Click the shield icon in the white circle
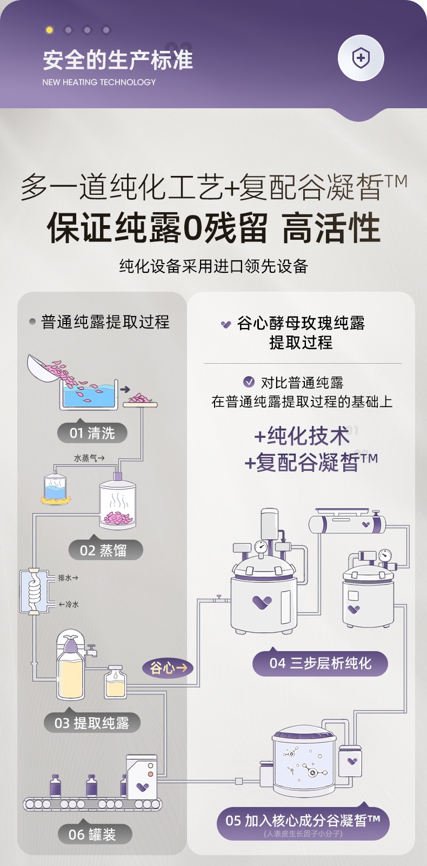point(361,58)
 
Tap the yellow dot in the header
point(49,30)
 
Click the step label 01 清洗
point(92,432)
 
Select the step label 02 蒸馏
point(105,550)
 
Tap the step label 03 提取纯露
point(92,723)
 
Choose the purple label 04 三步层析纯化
point(320,664)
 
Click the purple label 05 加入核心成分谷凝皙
point(303,823)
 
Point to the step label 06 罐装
point(95,834)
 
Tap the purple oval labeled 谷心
point(168,667)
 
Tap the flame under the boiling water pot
point(56,500)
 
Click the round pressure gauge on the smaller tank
point(385,555)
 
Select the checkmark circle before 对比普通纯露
point(249,382)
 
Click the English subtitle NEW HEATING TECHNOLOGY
point(99,82)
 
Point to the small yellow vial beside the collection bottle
point(116,682)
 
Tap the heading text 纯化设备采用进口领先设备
point(213,266)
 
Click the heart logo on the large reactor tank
point(262,602)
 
